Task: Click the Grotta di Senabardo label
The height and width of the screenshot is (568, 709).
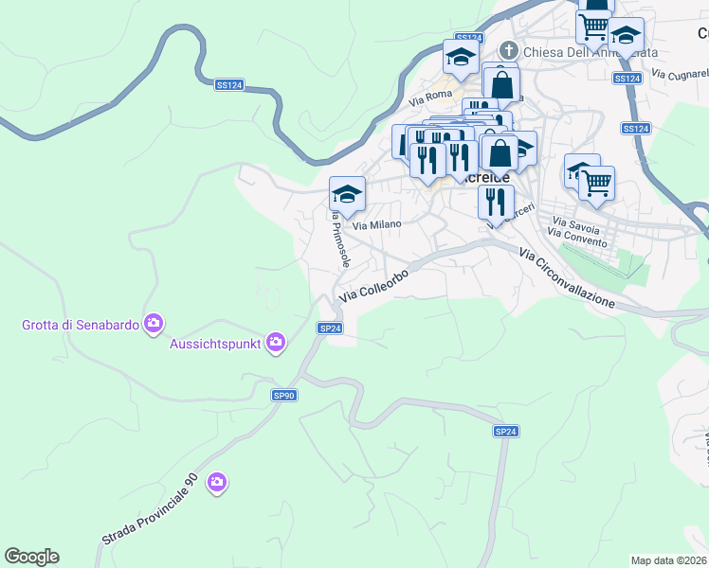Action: pyautogui.click(x=80, y=325)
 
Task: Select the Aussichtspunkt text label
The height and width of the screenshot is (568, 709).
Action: pyautogui.click(x=216, y=342)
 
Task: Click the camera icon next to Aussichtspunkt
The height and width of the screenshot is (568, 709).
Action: pyautogui.click(x=276, y=342)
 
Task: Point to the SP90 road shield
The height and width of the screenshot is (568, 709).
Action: pyautogui.click(x=284, y=395)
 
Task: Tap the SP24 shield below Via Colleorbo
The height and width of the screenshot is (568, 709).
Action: pyautogui.click(x=330, y=328)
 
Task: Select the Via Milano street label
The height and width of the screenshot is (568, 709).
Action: pyautogui.click(x=377, y=224)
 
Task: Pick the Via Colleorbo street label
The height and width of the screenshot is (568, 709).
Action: pyautogui.click(x=373, y=285)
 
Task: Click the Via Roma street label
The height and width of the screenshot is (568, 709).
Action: pyautogui.click(x=430, y=97)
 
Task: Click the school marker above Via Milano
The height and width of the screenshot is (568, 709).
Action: pyautogui.click(x=347, y=194)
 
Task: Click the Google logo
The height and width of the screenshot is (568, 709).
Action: pyautogui.click(x=31, y=557)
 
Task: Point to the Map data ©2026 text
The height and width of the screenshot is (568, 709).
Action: pyautogui.click(x=669, y=560)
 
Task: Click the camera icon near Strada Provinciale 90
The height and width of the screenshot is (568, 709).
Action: pyautogui.click(x=217, y=483)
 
